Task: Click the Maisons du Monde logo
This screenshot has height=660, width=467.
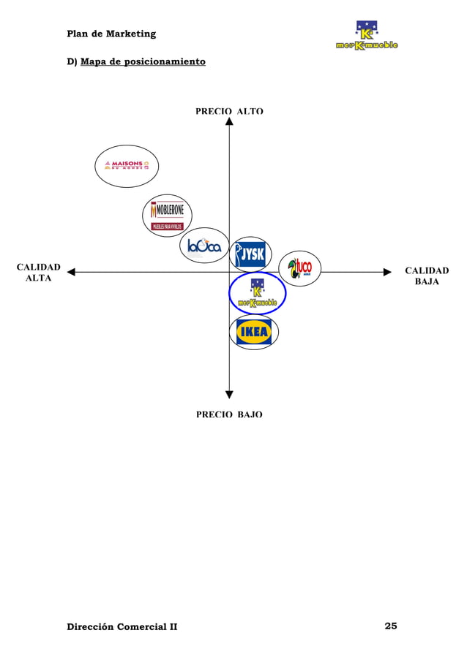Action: point(127,165)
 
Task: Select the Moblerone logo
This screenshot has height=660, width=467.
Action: point(167,216)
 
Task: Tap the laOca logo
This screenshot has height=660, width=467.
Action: point(204,246)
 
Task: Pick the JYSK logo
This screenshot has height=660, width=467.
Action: point(250,255)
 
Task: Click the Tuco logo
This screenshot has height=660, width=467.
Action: point(299,268)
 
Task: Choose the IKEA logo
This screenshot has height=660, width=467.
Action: point(254,332)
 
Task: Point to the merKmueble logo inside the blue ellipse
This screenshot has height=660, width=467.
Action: point(257,294)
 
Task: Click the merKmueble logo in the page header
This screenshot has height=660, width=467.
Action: point(367,36)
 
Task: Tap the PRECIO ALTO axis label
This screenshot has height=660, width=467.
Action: point(229,112)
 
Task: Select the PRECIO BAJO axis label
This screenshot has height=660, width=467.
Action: point(229,414)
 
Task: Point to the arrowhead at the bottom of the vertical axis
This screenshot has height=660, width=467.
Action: point(229,395)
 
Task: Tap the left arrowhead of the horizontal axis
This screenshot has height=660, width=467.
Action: point(71,273)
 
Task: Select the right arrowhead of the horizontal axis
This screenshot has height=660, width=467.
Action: point(388,273)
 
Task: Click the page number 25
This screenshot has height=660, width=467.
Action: point(391,626)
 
